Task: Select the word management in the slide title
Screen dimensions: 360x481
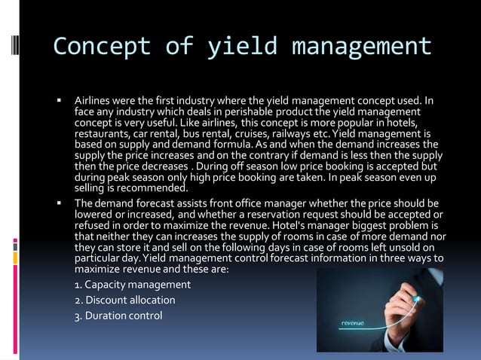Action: pos(362,47)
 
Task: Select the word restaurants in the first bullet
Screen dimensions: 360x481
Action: pos(103,133)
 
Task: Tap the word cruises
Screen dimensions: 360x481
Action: pos(255,133)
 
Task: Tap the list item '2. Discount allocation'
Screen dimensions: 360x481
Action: pos(125,300)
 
